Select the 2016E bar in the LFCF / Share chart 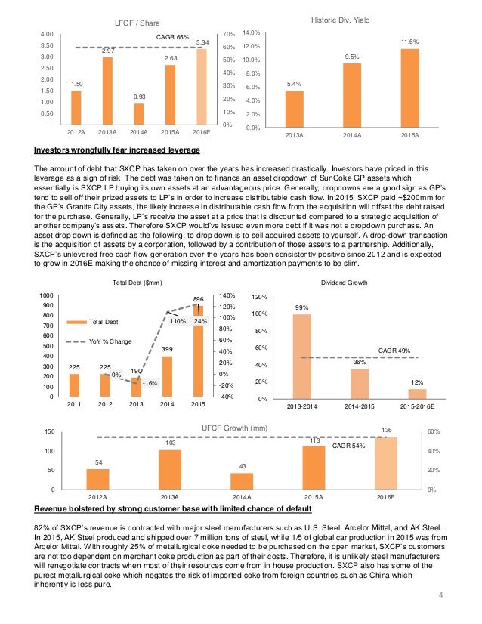202,87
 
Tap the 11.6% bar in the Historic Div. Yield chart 410,89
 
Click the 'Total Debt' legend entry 107,323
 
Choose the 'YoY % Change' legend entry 110,341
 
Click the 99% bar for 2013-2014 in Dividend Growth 301,356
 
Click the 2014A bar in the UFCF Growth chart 242,481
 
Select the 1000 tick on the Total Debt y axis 47,295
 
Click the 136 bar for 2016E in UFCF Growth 386,463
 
